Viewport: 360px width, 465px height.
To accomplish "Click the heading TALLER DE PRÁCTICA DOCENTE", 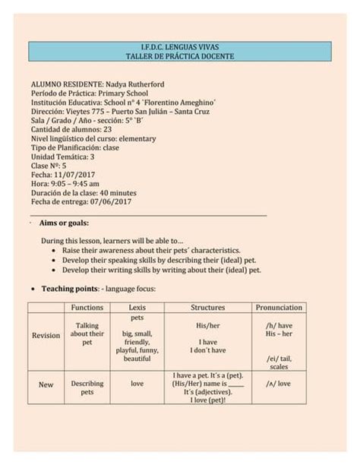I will pos(180,57).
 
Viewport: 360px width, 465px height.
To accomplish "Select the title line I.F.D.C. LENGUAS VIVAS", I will pos(180,47).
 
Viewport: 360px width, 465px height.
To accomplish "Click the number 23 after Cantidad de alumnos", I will pos(108,129).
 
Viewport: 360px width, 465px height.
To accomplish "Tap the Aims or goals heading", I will pos(64,223).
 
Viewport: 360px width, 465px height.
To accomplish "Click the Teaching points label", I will pos(69,289).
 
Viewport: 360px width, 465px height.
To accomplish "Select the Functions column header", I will pos(87,308).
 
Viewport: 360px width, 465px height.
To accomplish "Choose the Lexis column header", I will pos(137,308).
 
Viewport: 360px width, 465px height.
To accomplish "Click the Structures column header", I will pos(207,308).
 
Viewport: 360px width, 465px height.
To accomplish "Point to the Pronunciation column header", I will pos(279,308).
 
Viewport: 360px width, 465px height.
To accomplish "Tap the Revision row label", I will pos(46,336).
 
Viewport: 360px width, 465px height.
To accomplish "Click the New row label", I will pos(46,384).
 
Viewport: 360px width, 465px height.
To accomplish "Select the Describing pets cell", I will pos(87,387).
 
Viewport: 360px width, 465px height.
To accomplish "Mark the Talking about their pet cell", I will pos(87,334).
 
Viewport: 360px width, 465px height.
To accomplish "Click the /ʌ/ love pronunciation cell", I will pos(278,384).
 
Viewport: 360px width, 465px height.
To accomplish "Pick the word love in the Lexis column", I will pos(137,384).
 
